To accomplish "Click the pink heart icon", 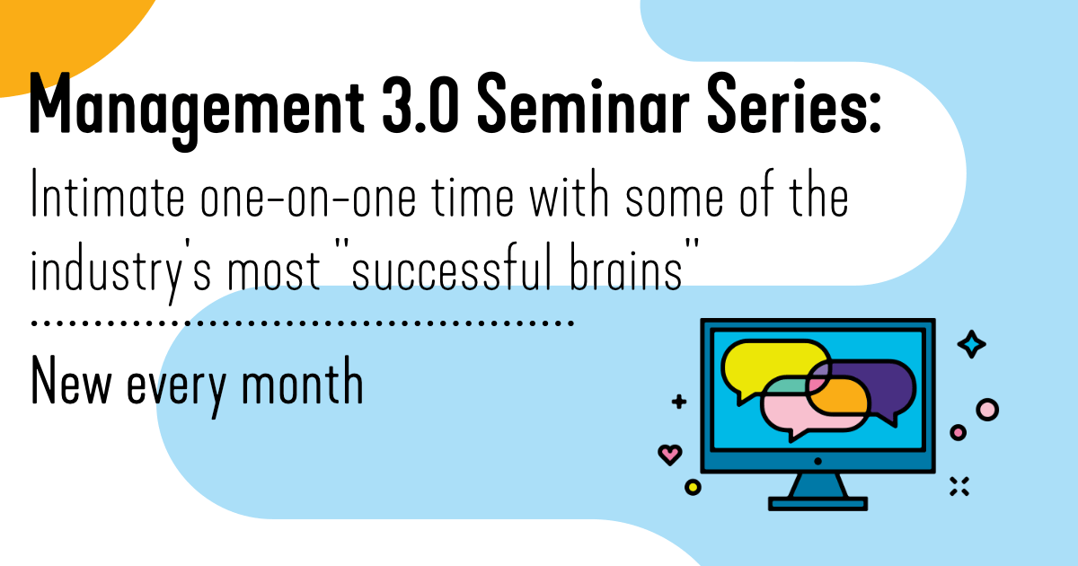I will pyautogui.click(x=670, y=454).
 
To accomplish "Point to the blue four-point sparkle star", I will pyautogui.click(x=971, y=344).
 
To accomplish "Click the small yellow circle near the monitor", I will pyautogui.click(x=692, y=487).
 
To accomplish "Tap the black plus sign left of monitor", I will pyautogui.click(x=679, y=402).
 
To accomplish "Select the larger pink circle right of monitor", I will pyautogui.click(x=987, y=410).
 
